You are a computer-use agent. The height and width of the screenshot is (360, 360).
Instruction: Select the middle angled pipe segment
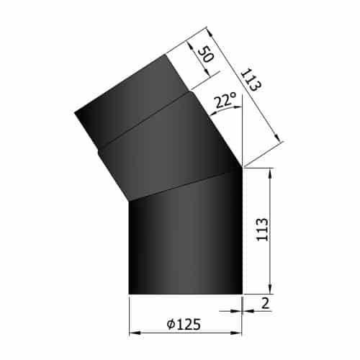coord(170,148)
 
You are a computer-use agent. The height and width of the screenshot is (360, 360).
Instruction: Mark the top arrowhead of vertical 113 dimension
coord(270,172)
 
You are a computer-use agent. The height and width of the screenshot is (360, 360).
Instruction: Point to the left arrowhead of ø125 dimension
coord(132,332)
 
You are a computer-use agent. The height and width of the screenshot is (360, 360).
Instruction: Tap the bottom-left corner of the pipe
coord(129,294)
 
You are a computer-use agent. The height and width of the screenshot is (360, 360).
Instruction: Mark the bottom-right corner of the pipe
coord(243,294)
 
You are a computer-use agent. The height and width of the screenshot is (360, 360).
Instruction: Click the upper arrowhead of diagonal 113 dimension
coord(209,31)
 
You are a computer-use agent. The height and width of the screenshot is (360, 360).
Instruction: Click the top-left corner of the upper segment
coord(75,112)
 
